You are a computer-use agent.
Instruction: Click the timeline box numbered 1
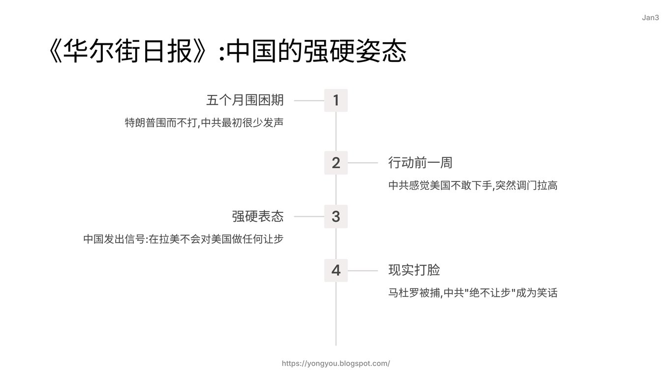click(x=336, y=100)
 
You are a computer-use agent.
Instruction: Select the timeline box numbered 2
click(x=336, y=163)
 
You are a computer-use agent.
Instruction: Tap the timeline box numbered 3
click(x=336, y=216)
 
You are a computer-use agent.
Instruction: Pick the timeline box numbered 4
click(x=336, y=270)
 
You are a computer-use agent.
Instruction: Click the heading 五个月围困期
click(x=245, y=100)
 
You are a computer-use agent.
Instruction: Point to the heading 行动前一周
click(x=420, y=163)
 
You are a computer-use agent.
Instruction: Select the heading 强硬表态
click(x=258, y=216)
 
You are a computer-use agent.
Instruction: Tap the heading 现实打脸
click(x=414, y=270)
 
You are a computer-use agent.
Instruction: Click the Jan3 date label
click(x=650, y=18)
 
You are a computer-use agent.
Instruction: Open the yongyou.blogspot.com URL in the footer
click(x=336, y=363)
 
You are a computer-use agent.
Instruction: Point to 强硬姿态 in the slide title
click(x=355, y=51)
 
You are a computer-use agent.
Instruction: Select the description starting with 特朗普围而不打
click(x=204, y=123)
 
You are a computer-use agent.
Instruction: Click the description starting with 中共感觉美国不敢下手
click(x=473, y=185)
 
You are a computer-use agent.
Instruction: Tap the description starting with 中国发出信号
click(x=183, y=239)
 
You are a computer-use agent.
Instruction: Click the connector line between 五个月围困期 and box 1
click(x=309, y=101)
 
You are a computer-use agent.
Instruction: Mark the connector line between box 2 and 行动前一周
click(x=363, y=163)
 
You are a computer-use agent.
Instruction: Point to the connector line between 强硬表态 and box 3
click(x=309, y=216)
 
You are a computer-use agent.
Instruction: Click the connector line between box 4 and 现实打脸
click(x=363, y=270)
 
